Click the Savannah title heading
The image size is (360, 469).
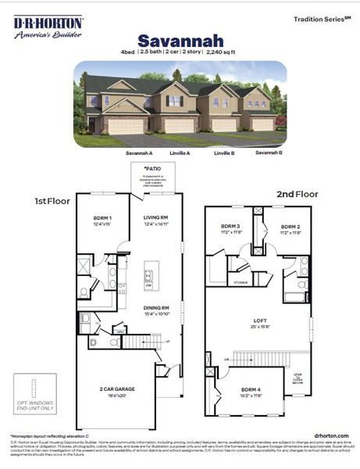[x=180, y=40]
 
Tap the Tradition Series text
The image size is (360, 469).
[x=321, y=17]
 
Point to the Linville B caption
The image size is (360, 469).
[x=224, y=153]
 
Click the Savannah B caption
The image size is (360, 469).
[x=269, y=153]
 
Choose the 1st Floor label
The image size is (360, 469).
[x=52, y=201]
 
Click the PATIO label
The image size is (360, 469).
[x=151, y=169]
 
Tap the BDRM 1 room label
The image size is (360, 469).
[x=102, y=218]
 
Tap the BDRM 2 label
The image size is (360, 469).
[x=290, y=227]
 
